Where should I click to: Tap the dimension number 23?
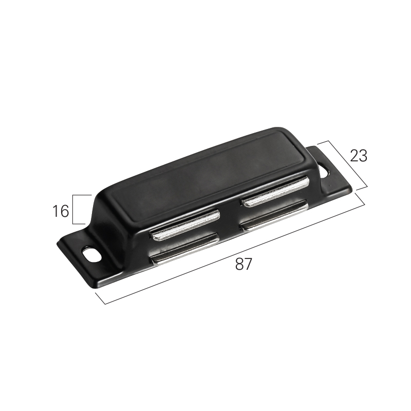point(359,156)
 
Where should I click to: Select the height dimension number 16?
point(61,211)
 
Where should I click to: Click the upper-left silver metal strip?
point(185,225)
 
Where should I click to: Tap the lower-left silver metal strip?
point(185,249)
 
